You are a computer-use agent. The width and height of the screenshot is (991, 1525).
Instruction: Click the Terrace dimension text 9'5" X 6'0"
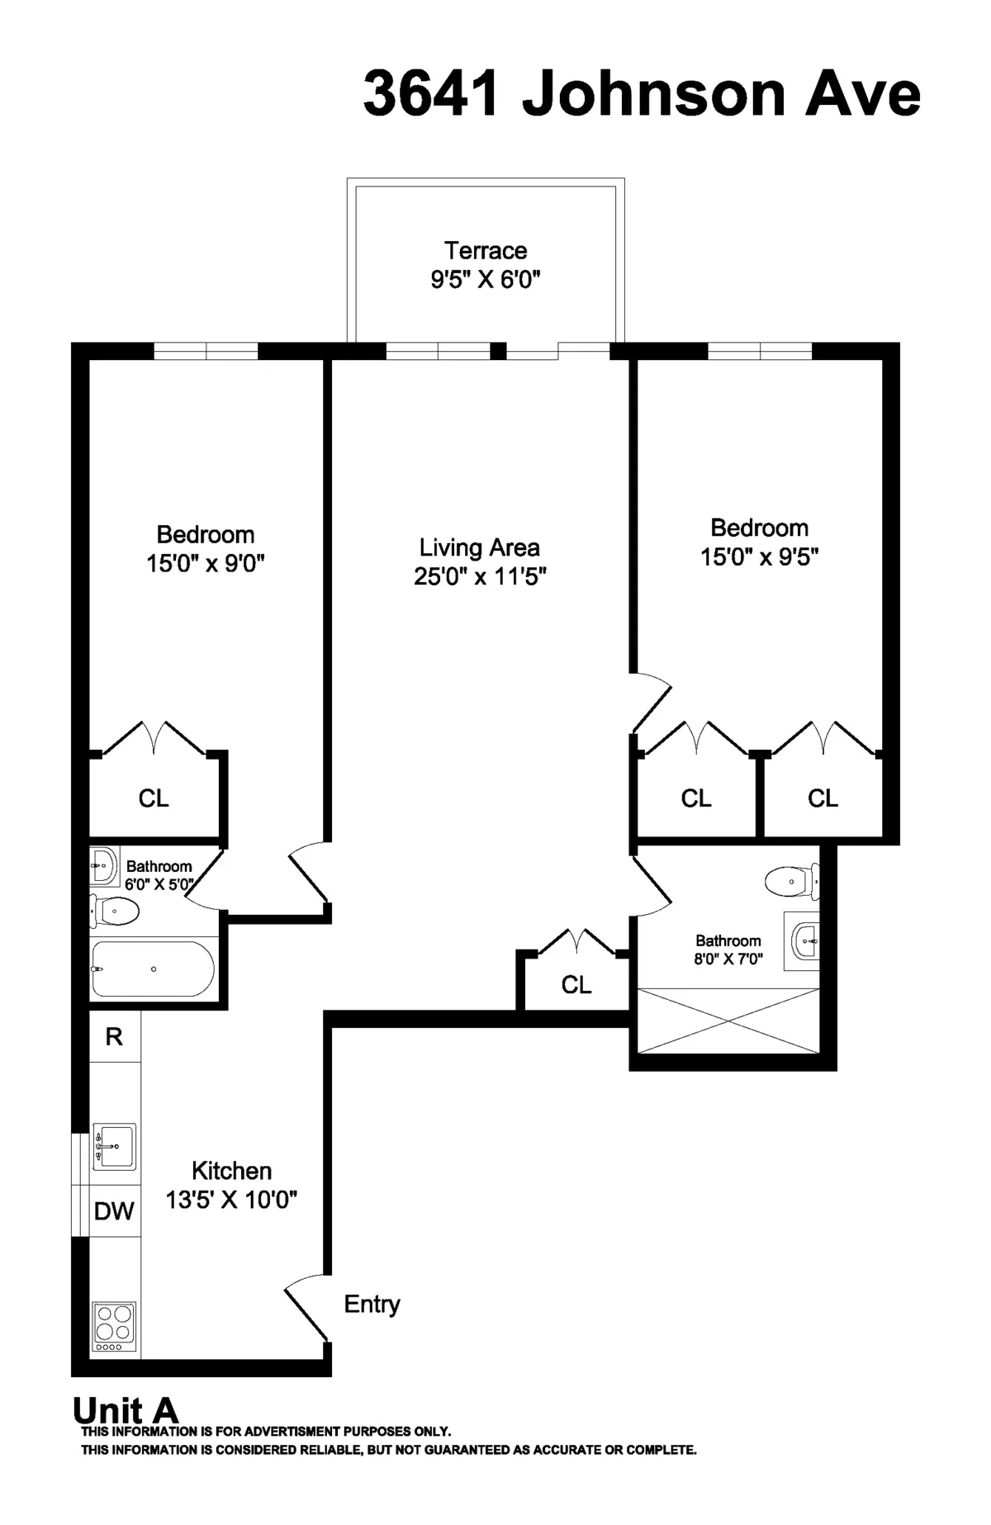(485, 279)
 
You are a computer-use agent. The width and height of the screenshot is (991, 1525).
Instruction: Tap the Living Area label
(479, 547)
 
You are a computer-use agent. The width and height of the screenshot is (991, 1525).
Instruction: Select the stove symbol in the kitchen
(114, 1325)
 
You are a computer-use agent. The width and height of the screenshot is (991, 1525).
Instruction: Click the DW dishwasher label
(114, 1211)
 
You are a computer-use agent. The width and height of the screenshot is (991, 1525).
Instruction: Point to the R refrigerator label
(114, 1037)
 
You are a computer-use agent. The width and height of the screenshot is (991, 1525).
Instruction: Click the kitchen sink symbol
(114, 1146)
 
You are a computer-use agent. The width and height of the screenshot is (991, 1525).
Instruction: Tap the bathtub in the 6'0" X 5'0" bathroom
(153, 969)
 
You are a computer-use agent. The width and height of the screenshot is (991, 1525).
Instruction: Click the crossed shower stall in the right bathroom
(728, 1021)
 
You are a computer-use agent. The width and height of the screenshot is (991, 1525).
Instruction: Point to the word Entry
(372, 1305)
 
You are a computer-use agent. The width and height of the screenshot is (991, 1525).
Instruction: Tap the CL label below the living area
(576, 984)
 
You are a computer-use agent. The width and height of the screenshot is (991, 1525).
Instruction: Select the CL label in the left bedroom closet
(154, 798)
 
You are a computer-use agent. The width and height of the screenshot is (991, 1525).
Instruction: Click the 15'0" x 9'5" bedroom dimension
(759, 557)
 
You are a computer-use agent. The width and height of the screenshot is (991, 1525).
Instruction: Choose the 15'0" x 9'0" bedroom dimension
(205, 564)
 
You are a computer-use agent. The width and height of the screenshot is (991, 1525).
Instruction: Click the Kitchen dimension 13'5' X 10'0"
(231, 1200)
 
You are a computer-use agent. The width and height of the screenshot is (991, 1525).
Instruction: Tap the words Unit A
(126, 1410)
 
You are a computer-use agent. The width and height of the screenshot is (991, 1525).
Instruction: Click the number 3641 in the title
(431, 94)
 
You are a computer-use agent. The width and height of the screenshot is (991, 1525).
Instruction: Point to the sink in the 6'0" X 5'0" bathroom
(103, 866)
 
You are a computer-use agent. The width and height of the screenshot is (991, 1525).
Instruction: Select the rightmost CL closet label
(823, 798)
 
